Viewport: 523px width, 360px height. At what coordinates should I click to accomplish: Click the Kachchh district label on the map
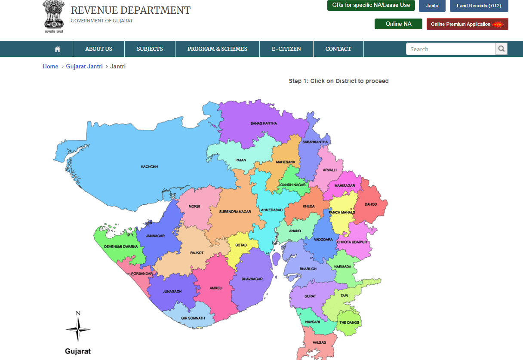click(x=150, y=166)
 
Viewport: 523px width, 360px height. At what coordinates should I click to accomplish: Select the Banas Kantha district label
click(x=264, y=123)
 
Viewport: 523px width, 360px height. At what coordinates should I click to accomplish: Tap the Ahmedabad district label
click(x=272, y=210)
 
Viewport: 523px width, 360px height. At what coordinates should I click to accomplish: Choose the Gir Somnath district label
click(x=193, y=318)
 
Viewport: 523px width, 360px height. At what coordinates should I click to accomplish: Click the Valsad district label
click(x=320, y=342)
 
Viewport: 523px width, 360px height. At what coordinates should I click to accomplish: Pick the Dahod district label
click(x=370, y=204)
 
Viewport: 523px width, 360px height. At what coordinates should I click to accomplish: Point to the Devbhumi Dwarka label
click(x=121, y=246)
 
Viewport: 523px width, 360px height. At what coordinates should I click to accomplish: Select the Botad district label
click(x=241, y=245)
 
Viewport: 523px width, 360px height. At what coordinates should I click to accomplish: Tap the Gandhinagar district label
click(x=293, y=185)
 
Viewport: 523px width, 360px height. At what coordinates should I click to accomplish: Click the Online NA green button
click(x=398, y=24)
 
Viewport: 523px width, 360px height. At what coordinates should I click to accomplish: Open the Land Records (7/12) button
click(x=479, y=6)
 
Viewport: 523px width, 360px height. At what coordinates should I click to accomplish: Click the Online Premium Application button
click(x=467, y=24)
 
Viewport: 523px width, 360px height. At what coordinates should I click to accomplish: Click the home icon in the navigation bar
click(x=58, y=49)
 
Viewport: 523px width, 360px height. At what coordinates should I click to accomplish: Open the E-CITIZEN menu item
click(x=286, y=49)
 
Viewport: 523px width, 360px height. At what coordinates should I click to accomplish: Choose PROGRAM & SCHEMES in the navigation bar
click(x=217, y=49)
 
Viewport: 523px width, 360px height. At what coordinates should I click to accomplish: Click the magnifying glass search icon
click(x=501, y=49)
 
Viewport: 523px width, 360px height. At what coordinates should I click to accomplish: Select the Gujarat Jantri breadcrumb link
click(x=84, y=66)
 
